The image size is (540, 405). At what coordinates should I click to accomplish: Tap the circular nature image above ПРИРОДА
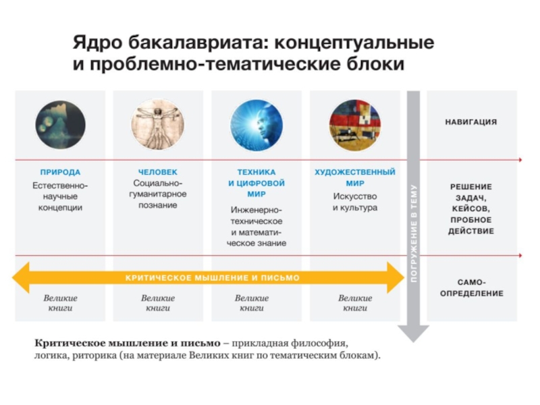[60, 124]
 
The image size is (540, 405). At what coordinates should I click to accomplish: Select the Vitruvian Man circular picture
[159, 124]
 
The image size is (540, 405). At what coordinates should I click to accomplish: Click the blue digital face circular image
[256, 124]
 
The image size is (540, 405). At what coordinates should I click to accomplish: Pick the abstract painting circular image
[354, 124]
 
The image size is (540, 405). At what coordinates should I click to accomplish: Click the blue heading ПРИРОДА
[60, 173]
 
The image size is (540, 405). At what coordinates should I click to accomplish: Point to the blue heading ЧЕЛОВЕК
[158, 173]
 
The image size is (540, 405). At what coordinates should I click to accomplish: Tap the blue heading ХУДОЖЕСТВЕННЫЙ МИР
[354, 178]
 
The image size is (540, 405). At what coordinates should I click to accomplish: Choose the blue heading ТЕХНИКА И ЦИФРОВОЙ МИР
[256, 178]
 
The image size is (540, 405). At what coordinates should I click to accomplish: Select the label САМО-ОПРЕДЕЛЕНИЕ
[470, 288]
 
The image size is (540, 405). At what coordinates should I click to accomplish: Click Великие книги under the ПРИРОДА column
[60, 302]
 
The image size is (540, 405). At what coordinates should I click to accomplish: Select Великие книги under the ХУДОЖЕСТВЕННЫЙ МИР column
[354, 302]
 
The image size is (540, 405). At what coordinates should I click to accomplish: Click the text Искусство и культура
[354, 202]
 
